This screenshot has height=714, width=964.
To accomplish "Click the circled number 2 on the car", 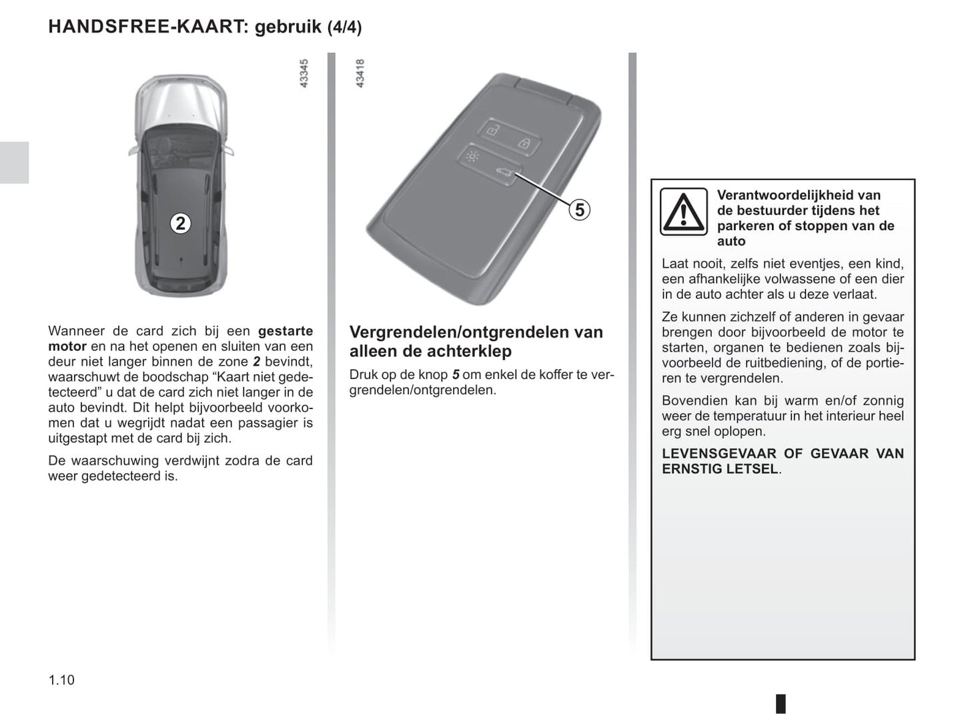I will [180, 223].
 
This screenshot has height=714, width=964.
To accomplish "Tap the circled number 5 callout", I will [579, 210].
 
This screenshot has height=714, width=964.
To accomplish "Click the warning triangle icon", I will [683, 212].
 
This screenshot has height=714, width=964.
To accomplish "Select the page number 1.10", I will [61, 680].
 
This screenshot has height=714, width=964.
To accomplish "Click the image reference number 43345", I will [304, 73].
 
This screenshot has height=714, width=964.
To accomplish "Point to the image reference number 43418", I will [360, 73].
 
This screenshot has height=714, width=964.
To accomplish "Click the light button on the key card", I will [472, 157].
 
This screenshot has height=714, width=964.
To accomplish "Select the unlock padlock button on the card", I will [492, 130].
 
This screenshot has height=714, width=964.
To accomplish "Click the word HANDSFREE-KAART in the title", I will [148, 27].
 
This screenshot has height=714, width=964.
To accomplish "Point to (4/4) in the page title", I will [344, 27].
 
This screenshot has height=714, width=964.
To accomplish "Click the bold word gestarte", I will [285, 330].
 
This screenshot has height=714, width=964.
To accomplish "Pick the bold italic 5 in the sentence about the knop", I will [456, 374].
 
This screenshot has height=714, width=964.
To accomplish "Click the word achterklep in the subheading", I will [472, 351].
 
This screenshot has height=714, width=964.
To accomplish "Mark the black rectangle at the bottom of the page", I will [781, 703].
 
